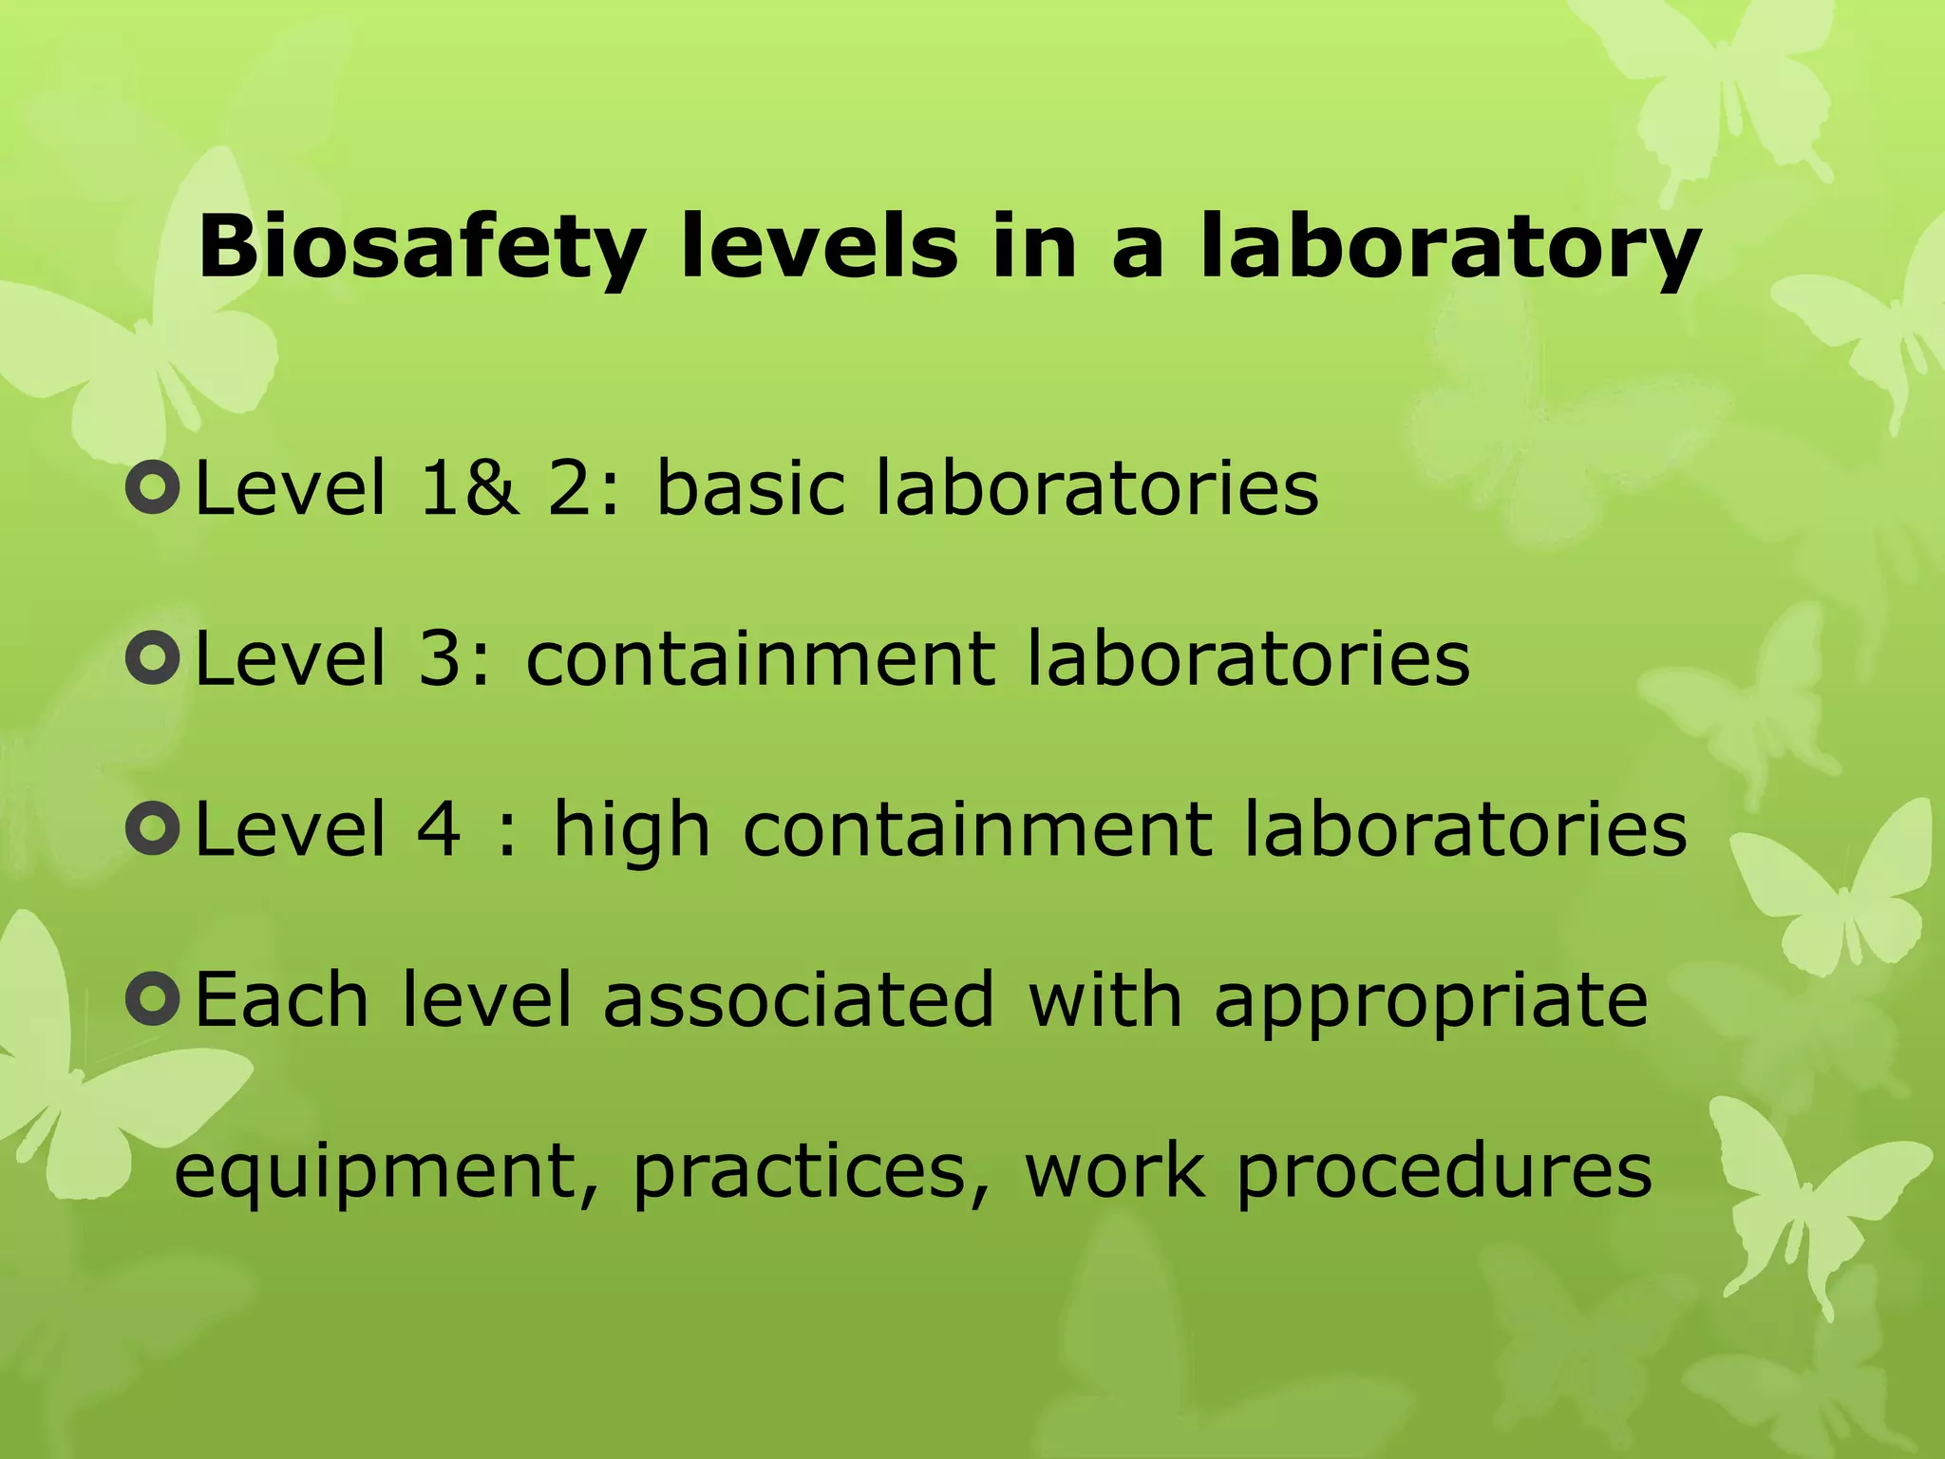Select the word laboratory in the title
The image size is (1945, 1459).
click(x=1449, y=249)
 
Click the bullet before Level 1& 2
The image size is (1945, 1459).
click(x=152, y=488)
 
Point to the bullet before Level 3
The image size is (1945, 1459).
click(x=152, y=658)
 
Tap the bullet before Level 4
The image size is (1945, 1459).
click(x=152, y=828)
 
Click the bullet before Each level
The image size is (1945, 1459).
click(x=152, y=998)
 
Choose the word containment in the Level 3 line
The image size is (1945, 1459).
click(x=761, y=659)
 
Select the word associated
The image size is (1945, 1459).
click(x=799, y=999)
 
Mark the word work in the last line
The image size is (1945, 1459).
click(x=1114, y=1170)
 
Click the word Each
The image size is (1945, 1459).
click(x=281, y=999)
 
